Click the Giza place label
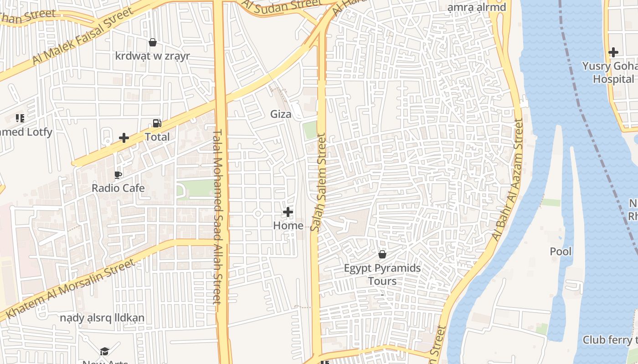(x=281, y=114)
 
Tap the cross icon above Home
(x=288, y=212)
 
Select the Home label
(x=288, y=225)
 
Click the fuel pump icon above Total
(x=157, y=123)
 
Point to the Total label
(x=157, y=137)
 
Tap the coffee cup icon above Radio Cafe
(x=118, y=175)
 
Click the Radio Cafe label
(x=118, y=188)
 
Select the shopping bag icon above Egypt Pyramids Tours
(x=382, y=254)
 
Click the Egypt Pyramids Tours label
(x=382, y=274)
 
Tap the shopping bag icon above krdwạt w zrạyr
(x=153, y=42)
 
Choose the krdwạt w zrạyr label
(x=153, y=56)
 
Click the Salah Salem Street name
(x=318, y=182)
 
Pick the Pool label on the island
(x=561, y=252)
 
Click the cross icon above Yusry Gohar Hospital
(x=613, y=52)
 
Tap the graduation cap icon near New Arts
(x=104, y=351)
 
